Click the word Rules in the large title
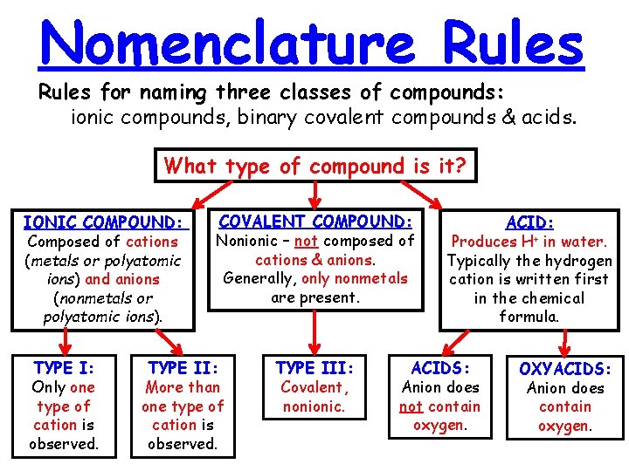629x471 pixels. (513, 44)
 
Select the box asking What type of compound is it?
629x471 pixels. (315, 165)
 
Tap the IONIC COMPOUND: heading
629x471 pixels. (106, 222)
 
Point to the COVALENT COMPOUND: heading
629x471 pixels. (315, 222)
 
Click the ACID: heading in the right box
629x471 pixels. (529, 223)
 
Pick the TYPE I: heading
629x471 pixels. (63, 368)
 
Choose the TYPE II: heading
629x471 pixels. (183, 368)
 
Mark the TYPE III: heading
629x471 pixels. (314, 368)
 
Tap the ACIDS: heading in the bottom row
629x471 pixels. (440, 368)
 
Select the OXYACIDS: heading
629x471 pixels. (566, 369)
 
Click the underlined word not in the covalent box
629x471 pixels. (305, 242)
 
